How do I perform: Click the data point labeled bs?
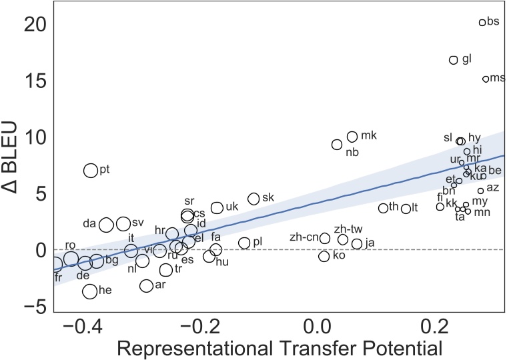coord(482,23)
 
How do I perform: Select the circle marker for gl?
coord(454,60)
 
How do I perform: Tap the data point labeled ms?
coord(486,79)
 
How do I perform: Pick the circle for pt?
coord(91,170)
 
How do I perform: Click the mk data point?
coord(352,137)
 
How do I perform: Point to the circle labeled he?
coord(90,291)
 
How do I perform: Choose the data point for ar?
coord(147,285)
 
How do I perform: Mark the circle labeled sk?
coord(253,199)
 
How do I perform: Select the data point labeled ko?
coord(324,256)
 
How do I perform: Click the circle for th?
coord(383,208)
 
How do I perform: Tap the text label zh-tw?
coord(348,228)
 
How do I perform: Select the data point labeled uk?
coord(217,208)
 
